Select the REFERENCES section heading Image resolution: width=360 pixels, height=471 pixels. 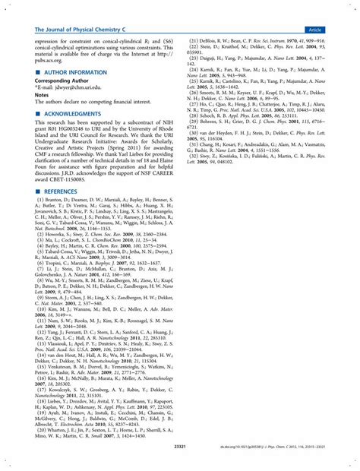(x=61, y=193)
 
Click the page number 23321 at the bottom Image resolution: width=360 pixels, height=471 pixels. (x=180, y=447)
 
